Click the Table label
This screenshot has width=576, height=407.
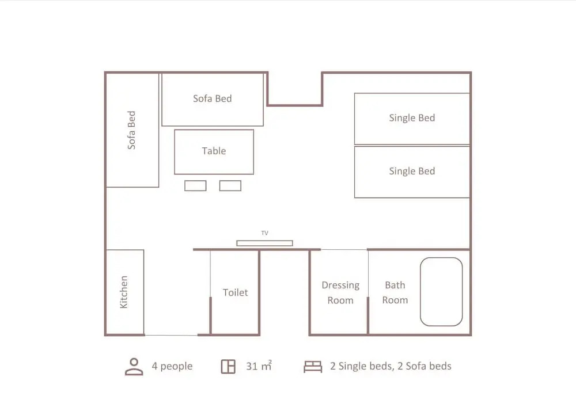click(214, 151)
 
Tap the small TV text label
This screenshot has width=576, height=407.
click(265, 233)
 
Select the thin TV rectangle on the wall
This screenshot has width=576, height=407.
click(264, 243)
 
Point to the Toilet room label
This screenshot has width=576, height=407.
click(235, 292)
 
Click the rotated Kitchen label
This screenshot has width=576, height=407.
click(124, 292)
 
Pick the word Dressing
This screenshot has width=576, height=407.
click(340, 286)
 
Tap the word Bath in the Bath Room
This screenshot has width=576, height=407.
click(395, 285)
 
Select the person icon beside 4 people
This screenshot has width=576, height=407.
click(134, 367)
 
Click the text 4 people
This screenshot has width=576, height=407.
click(172, 366)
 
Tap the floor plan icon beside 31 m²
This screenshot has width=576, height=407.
click(228, 366)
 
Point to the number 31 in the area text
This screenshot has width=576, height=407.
click(252, 366)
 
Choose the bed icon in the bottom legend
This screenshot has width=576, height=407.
click(313, 367)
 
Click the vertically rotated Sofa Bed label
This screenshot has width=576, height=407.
click(131, 130)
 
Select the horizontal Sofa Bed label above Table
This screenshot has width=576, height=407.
click(213, 98)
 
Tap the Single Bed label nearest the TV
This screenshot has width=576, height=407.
click(412, 172)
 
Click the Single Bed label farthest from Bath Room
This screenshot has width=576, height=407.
click(412, 118)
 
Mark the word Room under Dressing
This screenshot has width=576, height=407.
click(340, 301)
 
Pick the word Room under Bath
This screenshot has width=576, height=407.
click(395, 300)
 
